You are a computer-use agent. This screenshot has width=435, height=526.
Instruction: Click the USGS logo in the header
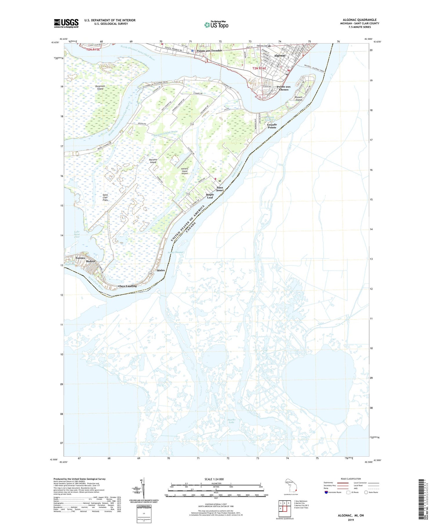66,23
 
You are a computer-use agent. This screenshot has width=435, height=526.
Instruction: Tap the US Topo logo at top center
216,25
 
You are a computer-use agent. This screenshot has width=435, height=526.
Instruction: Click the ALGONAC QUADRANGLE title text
360,20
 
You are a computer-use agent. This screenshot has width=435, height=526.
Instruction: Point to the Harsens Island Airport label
184,171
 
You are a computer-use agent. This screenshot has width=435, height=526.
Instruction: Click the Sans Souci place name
220,189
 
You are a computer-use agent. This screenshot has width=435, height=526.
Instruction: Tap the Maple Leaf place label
210,196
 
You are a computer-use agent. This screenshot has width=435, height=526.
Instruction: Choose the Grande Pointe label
272,126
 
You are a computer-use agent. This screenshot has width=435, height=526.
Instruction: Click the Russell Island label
299,98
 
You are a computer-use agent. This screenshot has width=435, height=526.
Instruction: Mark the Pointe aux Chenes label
283,88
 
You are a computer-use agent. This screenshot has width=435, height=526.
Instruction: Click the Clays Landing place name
127,286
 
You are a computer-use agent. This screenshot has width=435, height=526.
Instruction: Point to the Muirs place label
161,270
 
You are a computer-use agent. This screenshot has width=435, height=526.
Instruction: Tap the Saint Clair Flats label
105,198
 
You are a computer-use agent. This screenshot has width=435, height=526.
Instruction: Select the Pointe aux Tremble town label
209,50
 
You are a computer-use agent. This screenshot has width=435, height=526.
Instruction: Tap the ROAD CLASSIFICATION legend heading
351,479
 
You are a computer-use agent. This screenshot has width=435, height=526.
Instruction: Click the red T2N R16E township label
259,68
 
